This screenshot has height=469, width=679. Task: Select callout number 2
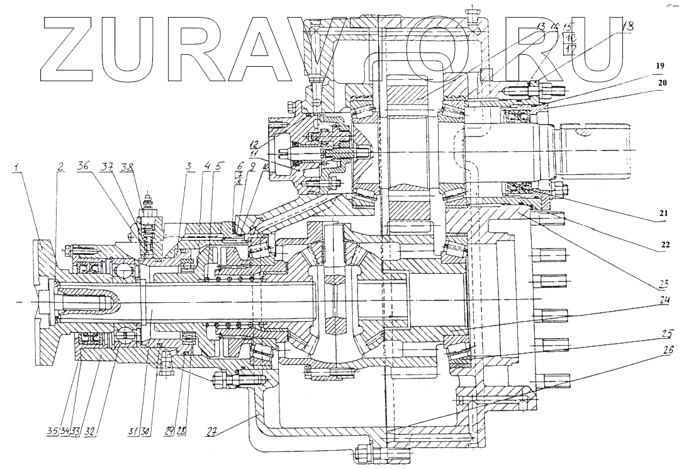coord(60,167)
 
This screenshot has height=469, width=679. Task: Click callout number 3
coord(189,167)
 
